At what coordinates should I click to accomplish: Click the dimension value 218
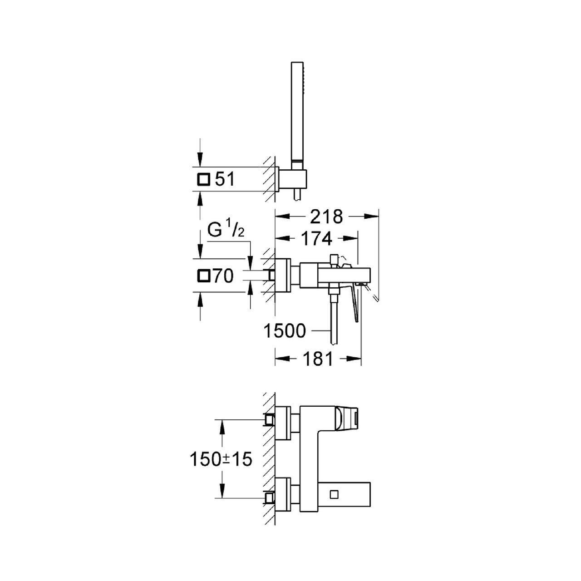pos(326,217)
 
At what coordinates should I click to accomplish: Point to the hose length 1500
pos(285,331)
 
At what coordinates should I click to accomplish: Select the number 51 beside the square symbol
pos(224,180)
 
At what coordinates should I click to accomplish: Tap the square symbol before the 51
pos(203,180)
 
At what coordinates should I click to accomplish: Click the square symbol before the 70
pos(204,276)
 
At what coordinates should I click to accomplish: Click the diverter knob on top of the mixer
pos(335,260)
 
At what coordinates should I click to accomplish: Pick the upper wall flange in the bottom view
pos(284,422)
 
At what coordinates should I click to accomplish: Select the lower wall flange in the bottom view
pos(284,495)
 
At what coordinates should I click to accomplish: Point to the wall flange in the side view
pos(284,275)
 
